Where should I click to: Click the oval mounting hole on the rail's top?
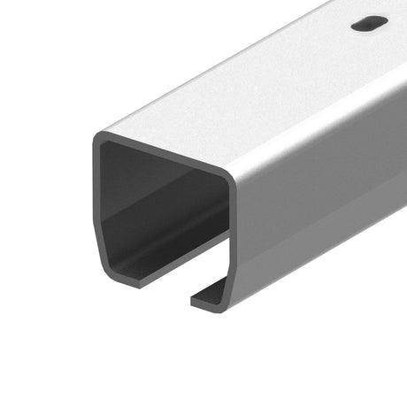coord(369,25)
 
